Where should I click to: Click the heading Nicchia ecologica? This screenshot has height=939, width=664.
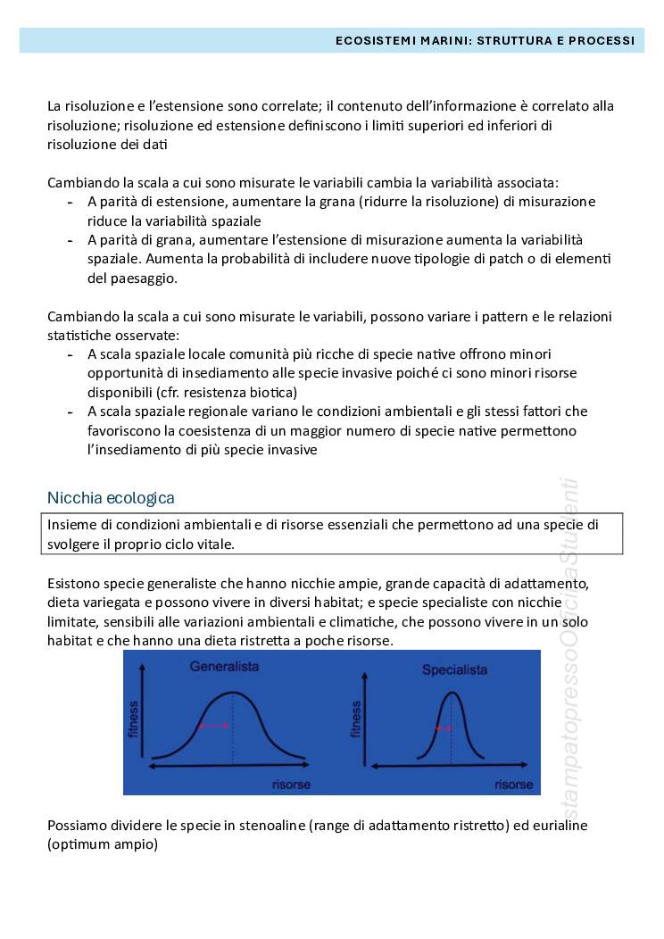pos(111,497)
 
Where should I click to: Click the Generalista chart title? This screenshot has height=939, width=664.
pos(223,666)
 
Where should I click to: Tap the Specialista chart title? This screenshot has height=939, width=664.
pos(454,669)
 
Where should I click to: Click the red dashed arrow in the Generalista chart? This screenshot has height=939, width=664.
pos(214,727)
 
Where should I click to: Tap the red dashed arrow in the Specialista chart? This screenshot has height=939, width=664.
pos(444,728)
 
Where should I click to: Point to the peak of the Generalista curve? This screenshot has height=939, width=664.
pos(233,693)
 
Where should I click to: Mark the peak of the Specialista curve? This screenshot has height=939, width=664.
pos(452,693)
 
